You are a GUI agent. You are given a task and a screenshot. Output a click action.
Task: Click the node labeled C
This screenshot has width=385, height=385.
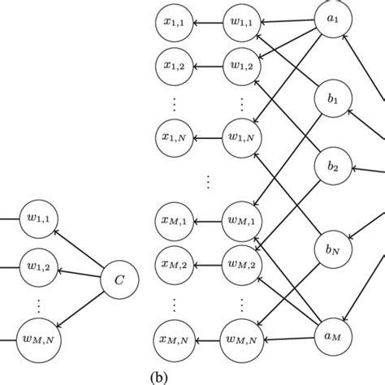click(119, 281)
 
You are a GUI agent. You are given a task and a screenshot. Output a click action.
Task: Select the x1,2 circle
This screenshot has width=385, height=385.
click(174, 63)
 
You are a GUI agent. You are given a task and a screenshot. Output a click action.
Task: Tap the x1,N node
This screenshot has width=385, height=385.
click(174, 131)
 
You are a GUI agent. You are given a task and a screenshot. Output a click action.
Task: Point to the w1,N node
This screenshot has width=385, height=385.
click(240, 131)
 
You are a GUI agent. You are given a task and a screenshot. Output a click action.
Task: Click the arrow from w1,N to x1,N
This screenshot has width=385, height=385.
click(206, 131)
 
